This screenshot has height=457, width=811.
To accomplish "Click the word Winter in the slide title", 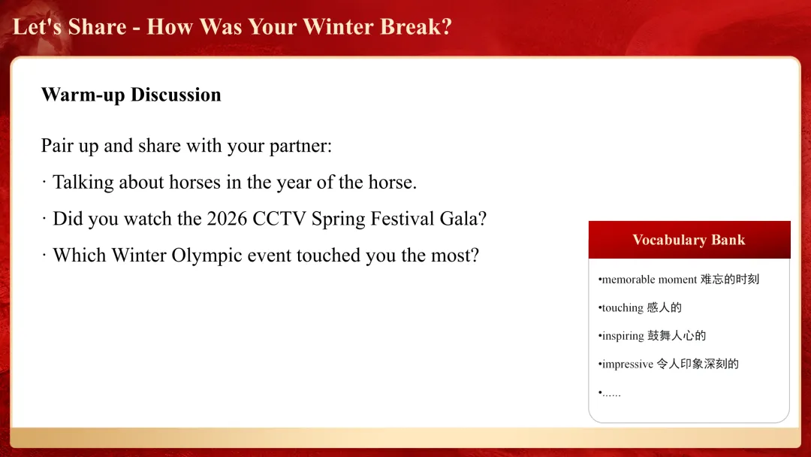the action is pyautogui.click(x=337, y=27).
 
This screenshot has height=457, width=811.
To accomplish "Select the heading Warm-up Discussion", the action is pyautogui.click(x=131, y=95).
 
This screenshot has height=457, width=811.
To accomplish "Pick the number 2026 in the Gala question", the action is pyautogui.click(x=227, y=219).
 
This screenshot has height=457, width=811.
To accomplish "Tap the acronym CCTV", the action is pyautogui.click(x=279, y=219).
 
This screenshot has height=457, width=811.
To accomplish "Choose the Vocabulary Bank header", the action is pyautogui.click(x=689, y=240).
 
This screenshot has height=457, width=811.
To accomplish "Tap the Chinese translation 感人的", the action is pyautogui.click(x=664, y=308).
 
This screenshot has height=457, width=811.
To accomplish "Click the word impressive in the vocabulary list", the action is pyautogui.click(x=627, y=365).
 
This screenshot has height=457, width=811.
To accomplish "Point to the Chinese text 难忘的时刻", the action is pyautogui.click(x=730, y=280).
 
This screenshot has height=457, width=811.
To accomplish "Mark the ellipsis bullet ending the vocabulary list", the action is pyautogui.click(x=610, y=393).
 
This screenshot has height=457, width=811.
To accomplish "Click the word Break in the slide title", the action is pyautogui.click(x=411, y=27).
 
